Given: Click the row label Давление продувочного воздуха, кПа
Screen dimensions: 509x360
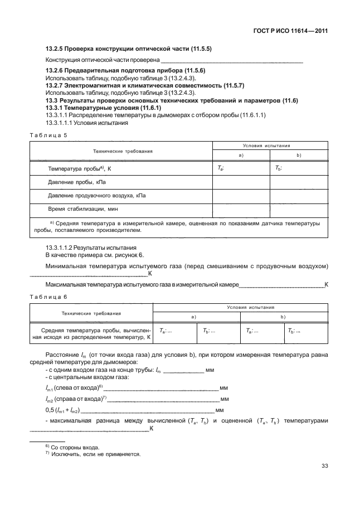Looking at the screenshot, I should [x=97, y=195].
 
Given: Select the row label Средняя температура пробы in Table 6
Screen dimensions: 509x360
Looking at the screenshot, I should [x=91, y=333].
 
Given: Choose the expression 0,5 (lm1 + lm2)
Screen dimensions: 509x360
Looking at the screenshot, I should [x=65, y=410].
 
